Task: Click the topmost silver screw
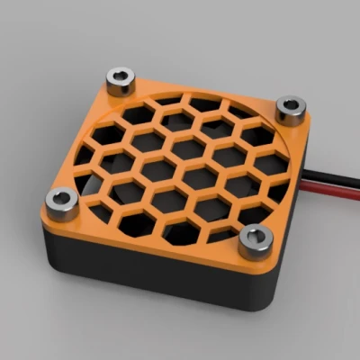point(120,80)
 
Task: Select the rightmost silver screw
point(290,109)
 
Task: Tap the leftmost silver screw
point(61,203)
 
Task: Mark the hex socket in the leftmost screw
point(61,197)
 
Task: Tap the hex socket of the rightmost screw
point(290,104)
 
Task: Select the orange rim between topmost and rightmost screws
point(207,90)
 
